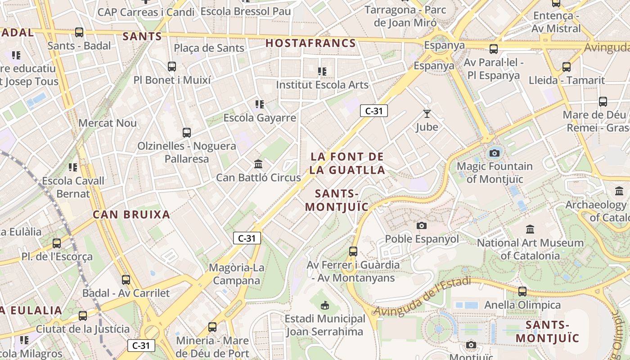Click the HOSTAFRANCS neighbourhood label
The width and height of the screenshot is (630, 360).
(x=310, y=43)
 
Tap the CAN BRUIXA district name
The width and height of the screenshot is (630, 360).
(x=131, y=215)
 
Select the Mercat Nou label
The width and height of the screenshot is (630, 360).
(x=107, y=123)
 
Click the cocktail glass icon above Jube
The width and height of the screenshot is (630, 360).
(x=427, y=114)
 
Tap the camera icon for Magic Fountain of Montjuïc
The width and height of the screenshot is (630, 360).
(x=495, y=153)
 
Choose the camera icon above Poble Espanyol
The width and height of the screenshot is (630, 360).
(x=422, y=225)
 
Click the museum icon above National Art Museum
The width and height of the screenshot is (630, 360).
(x=530, y=229)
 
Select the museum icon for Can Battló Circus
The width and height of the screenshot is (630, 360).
(x=258, y=164)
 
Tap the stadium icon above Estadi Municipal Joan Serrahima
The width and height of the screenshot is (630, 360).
(x=324, y=306)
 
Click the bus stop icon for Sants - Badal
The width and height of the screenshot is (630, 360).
(x=79, y=32)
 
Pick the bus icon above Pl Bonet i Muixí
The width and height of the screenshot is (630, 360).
(x=172, y=67)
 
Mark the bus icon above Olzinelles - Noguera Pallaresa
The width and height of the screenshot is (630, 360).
(x=187, y=133)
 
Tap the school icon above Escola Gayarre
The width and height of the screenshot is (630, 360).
(x=260, y=105)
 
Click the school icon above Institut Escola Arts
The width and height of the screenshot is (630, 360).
(x=322, y=71)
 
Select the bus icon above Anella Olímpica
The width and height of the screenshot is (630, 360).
(x=522, y=292)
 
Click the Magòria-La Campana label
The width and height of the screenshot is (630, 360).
(x=237, y=274)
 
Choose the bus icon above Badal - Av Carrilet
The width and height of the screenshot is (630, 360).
(x=126, y=280)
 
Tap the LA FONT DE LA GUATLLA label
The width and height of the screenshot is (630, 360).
(x=347, y=163)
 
